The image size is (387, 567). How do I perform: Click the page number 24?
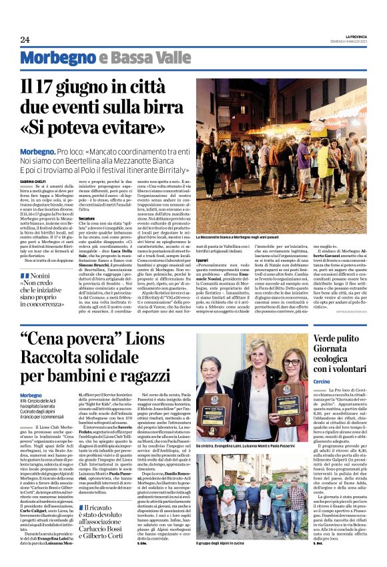[25, 39]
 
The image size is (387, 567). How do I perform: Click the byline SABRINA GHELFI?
[32, 180]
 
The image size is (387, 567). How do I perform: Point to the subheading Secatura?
[87, 218]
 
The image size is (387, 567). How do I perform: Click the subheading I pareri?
[202, 258]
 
